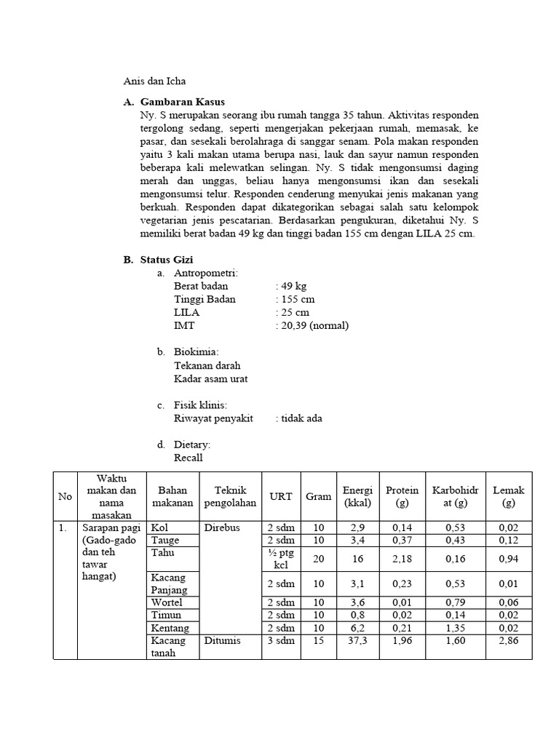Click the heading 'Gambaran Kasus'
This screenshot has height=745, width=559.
(x=182, y=102)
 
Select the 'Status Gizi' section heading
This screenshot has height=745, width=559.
(x=167, y=260)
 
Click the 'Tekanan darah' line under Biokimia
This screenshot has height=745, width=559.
(x=207, y=365)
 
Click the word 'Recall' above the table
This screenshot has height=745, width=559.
(x=188, y=458)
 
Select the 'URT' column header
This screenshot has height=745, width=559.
(x=281, y=496)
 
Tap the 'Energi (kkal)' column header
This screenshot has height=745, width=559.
(x=357, y=496)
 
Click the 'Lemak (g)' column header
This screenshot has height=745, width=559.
(x=508, y=496)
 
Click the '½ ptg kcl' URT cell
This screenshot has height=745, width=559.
(x=281, y=559)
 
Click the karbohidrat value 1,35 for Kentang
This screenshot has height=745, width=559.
(x=449, y=628)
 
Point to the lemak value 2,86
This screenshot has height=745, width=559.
(x=508, y=641)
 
